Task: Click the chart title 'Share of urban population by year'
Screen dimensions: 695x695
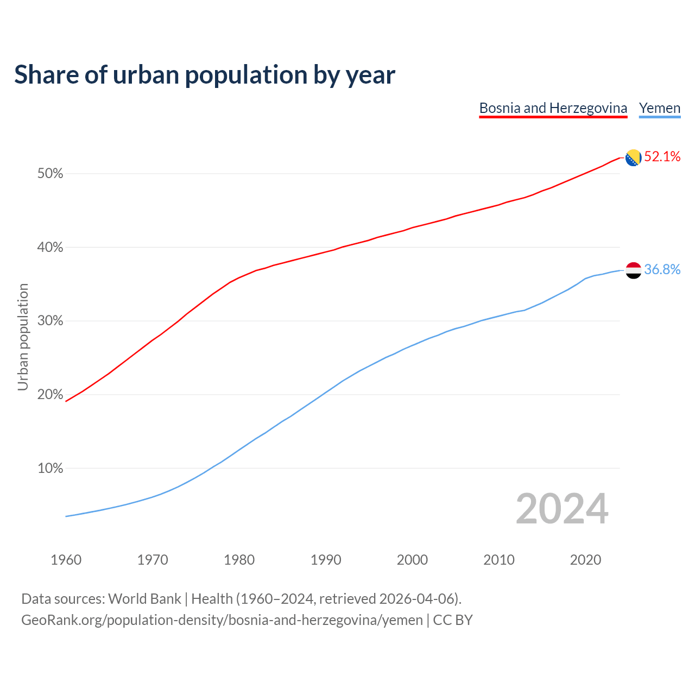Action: [x=205, y=74]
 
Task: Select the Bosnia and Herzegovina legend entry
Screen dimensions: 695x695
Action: [x=553, y=108]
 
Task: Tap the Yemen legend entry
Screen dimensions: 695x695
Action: [x=659, y=108]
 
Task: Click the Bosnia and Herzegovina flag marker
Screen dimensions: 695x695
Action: [x=633, y=158]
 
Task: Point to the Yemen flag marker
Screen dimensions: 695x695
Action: [x=633, y=270]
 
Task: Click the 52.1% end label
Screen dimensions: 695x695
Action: [x=662, y=157]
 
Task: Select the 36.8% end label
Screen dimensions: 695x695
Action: [x=662, y=270]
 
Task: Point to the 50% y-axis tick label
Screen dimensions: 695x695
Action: [x=50, y=174]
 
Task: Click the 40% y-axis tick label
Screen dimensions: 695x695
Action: [x=50, y=248]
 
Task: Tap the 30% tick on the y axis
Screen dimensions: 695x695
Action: [x=50, y=321]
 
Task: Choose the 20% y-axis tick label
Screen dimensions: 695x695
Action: [x=50, y=395]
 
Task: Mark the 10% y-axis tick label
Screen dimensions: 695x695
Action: [x=50, y=468]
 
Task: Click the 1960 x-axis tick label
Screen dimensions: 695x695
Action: [x=66, y=560]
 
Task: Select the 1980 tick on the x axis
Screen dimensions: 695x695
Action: [x=239, y=560]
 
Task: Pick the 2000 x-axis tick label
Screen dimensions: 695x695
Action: [x=412, y=560]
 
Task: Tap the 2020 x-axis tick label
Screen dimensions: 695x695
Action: [x=585, y=560]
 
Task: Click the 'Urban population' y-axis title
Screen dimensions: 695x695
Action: [x=23, y=337]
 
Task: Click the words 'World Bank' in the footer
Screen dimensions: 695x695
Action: [x=144, y=599]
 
